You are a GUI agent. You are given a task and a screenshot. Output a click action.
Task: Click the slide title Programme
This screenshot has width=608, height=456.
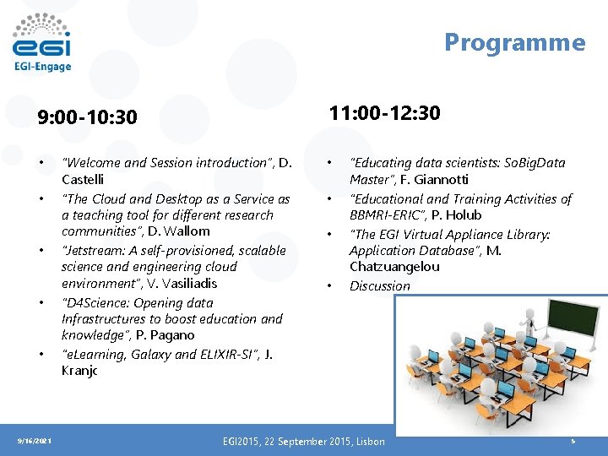click(x=514, y=42)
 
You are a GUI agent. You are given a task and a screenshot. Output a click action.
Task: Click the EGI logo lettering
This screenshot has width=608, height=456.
click(x=41, y=45)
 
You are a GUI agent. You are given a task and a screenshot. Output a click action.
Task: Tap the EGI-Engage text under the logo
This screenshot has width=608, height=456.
click(x=42, y=67)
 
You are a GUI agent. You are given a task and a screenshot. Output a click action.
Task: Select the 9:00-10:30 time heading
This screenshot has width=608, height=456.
click(x=87, y=117)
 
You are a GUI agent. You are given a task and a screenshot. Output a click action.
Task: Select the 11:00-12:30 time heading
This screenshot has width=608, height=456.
click(x=384, y=113)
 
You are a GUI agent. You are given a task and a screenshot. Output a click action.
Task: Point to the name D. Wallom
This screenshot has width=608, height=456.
click(x=179, y=231)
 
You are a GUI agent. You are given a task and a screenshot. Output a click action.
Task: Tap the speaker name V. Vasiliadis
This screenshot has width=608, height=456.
click(x=179, y=283)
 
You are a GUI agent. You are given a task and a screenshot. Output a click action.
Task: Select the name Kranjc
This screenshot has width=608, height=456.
click(x=79, y=371)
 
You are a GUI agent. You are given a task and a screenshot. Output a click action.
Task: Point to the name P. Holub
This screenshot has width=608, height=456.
click(x=457, y=214)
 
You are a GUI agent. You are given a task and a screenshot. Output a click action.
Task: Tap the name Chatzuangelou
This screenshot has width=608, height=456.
click(x=394, y=267)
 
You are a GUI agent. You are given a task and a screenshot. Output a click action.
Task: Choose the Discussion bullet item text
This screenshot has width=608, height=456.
click(x=379, y=285)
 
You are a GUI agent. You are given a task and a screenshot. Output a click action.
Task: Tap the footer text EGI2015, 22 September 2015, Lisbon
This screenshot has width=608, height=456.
click(x=303, y=442)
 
